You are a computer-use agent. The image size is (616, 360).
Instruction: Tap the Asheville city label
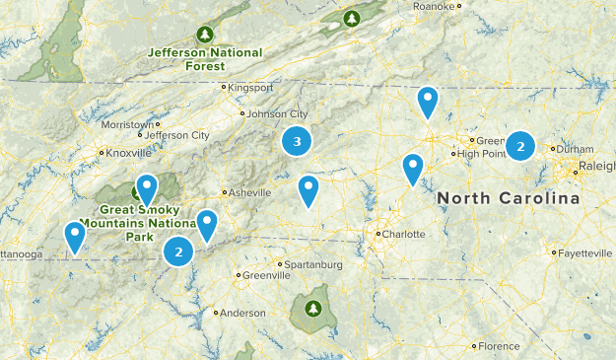click(x=248, y=192)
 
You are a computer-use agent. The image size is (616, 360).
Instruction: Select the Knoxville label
click(x=129, y=153)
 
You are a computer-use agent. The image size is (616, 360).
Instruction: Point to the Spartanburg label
click(x=313, y=264)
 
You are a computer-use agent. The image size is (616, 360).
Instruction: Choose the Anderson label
click(x=242, y=313)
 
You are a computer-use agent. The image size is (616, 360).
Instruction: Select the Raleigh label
click(x=598, y=166)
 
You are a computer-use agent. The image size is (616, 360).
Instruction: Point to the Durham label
click(x=576, y=149)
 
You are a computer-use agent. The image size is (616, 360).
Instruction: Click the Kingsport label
click(x=250, y=87)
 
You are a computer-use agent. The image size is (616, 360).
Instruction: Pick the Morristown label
click(x=128, y=125)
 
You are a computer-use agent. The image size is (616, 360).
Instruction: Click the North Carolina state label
click(x=509, y=198)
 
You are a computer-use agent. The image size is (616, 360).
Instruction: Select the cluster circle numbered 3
click(x=297, y=142)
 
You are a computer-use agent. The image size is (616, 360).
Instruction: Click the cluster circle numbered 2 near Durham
click(x=520, y=146)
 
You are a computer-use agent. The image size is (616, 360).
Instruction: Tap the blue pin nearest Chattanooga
click(x=75, y=237)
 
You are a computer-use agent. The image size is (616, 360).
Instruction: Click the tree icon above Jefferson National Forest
click(x=205, y=34)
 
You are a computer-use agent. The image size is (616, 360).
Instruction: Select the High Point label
click(x=481, y=153)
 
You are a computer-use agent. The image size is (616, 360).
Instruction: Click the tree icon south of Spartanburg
click(x=313, y=309)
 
